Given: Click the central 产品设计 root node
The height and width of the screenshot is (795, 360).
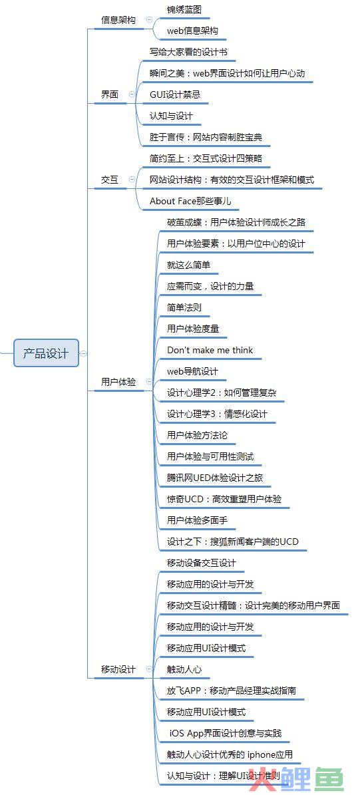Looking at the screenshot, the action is [x=46, y=353].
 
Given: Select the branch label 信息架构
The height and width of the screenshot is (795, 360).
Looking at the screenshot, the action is [x=118, y=20].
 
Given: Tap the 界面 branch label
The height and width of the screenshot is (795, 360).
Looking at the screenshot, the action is [x=110, y=95].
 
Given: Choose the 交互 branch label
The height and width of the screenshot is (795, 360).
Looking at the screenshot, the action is [x=110, y=180].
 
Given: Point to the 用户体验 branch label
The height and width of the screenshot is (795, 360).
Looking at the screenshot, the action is [x=118, y=383].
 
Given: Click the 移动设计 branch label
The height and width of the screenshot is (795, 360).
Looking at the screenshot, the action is [x=118, y=670].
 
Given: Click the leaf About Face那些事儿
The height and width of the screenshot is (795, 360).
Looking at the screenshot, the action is [x=191, y=202].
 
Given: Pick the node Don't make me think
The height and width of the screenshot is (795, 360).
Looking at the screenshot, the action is [x=210, y=351].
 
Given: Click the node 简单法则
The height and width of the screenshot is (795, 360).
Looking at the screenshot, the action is [x=185, y=308].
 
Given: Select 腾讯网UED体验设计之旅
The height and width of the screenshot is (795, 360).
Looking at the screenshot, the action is [x=215, y=478].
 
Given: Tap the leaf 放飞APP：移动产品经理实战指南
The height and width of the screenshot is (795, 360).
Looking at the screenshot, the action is [x=232, y=691].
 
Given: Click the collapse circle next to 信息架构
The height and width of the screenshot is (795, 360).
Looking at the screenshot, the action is [x=149, y=20].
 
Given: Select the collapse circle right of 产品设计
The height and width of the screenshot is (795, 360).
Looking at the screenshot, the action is [x=84, y=353].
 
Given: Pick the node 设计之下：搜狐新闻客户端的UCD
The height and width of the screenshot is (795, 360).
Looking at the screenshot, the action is [x=233, y=542].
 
